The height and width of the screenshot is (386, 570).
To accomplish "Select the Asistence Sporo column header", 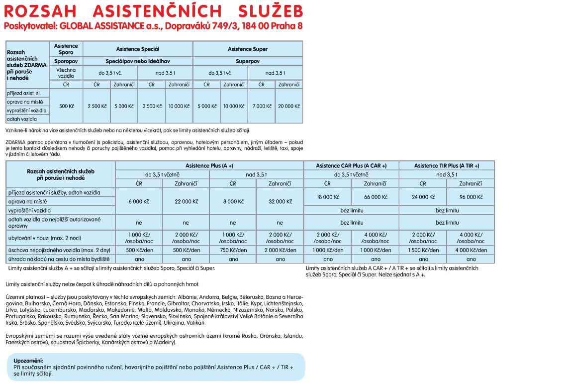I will click(x=66, y=49).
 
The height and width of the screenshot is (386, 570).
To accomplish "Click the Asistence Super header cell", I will click(x=247, y=49).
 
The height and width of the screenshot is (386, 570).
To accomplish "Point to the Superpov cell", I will click(x=247, y=61).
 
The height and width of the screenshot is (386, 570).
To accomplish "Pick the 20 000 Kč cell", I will click(x=288, y=106).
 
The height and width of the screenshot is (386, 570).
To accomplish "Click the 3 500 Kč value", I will click(x=152, y=106).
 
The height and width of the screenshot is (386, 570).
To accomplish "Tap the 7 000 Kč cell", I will click(x=262, y=106).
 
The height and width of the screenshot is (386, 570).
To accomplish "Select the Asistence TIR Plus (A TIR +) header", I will click(x=446, y=166).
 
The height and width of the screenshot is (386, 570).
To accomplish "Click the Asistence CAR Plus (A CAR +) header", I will click(x=351, y=166).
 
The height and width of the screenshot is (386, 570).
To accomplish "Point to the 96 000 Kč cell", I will click(x=470, y=197).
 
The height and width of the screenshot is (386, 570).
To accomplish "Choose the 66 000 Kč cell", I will click(x=375, y=197).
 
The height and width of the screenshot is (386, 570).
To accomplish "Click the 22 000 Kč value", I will click(x=186, y=201).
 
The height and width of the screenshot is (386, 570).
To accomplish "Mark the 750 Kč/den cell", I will click(x=233, y=250).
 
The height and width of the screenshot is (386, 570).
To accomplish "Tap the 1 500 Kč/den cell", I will click(x=423, y=250).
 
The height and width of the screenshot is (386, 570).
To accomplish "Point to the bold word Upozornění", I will click(x=28, y=361).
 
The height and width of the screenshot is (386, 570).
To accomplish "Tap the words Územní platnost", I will click(x=23, y=297).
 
